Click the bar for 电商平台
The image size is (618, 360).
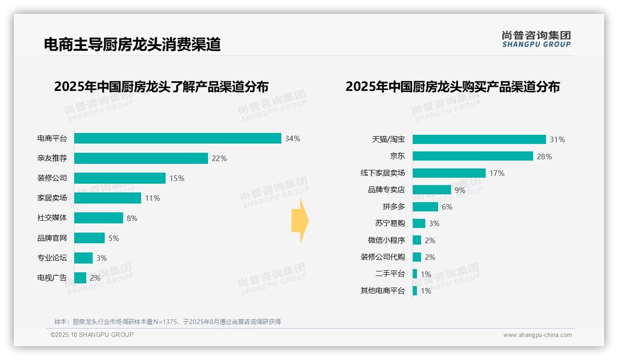click(x=178, y=138)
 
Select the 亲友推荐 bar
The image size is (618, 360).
click(x=141, y=158)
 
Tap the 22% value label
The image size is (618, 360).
click(x=219, y=158)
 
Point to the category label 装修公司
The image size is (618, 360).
click(x=52, y=178)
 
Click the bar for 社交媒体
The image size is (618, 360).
click(x=99, y=218)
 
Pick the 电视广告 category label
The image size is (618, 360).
click(x=52, y=278)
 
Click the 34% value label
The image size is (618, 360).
click(x=292, y=138)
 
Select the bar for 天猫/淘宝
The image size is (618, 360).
click(x=479, y=139)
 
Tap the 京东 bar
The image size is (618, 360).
click(x=473, y=156)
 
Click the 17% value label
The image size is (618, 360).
click(x=497, y=173)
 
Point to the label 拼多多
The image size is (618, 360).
click(x=393, y=207)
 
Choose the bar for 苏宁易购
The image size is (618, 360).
click(x=419, y=223)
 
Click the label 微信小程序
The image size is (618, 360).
click(x=386, y=240)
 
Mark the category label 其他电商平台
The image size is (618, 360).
click(x=382, y=291)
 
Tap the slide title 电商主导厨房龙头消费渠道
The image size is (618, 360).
click(x=132, y=44)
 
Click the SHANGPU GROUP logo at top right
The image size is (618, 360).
click(x=536, y=39)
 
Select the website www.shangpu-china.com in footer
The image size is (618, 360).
click(x=537, y=335)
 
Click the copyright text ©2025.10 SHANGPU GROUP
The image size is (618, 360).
click(x=92, y=335)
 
